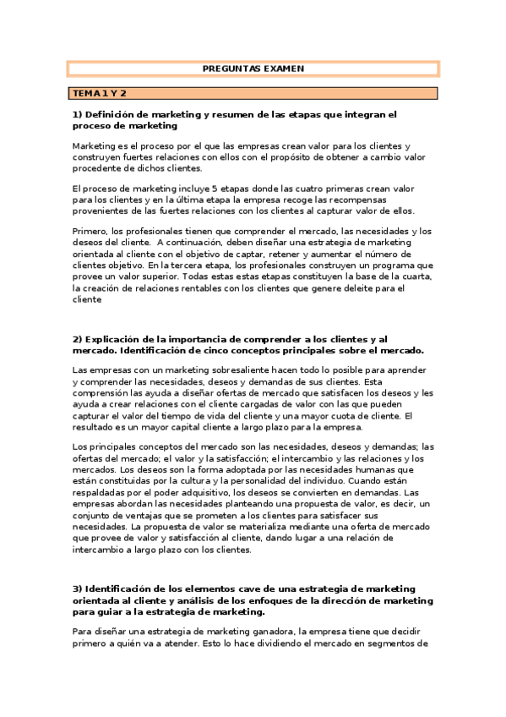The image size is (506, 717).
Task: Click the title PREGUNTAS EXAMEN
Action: point(253,68)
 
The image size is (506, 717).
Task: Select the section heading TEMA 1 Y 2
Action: point(98,92)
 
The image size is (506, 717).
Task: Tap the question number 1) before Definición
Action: point(78,113)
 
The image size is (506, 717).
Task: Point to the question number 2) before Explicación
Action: point(78,339)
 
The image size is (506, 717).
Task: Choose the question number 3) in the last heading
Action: point(78,588)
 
